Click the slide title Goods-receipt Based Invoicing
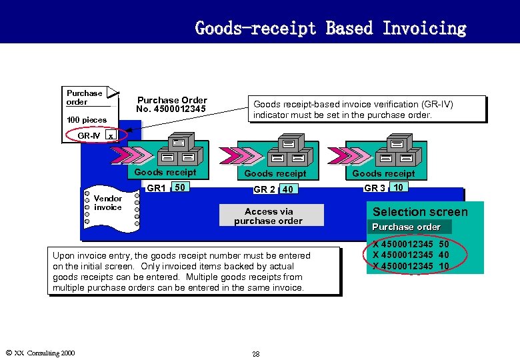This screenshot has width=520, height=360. pos(330,28)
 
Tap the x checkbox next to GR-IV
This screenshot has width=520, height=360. pos(111,135)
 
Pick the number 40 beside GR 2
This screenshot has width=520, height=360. pos(287,189)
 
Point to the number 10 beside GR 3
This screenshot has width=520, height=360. pos(398,187)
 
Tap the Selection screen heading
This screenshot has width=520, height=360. pos(420,212)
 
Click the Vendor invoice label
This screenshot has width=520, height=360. pos(108,203)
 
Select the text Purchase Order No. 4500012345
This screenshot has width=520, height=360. pos(171,105)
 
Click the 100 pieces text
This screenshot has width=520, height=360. pos(87,120)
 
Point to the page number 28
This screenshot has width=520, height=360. pos(255,353)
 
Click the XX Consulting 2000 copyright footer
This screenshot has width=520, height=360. pos(40,353)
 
